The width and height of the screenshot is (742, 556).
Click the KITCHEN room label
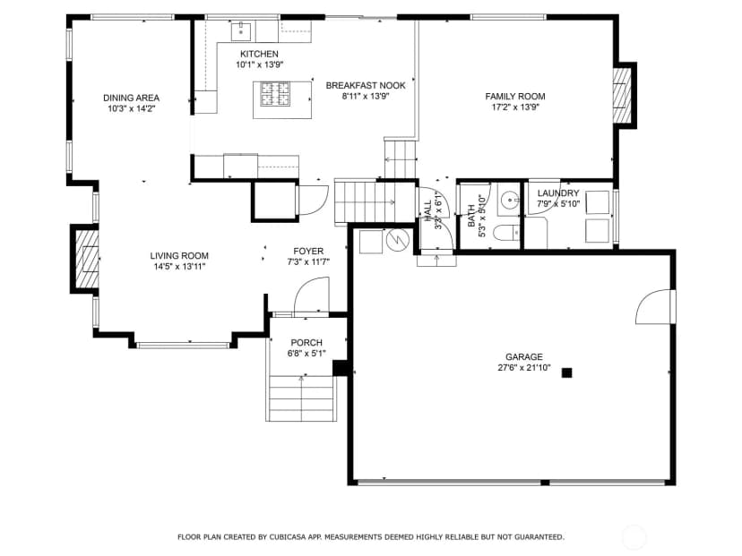(259, 54)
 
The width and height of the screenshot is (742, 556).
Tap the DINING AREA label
(131, 98)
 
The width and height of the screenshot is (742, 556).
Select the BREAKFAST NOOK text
(366, 86)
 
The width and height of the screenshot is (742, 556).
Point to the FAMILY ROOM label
(515, 97)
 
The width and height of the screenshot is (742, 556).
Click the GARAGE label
(524, 357)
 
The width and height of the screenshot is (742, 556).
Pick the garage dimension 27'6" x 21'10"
(524, 368)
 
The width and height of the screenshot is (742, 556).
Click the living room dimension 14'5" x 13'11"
(179, 267)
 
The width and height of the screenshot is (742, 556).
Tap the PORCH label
(306, 342)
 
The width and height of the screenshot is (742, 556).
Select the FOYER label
(308, 251)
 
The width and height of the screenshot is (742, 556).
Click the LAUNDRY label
(558, 192)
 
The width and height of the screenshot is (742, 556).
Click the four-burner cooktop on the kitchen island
(276, 94)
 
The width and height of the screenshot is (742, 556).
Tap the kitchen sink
(241, 31)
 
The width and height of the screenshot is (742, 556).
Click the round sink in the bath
(510, 201)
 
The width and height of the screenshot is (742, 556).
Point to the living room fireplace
(87, 259)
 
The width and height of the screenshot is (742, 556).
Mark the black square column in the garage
(566, 372)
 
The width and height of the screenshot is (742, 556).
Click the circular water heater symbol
(397, 240)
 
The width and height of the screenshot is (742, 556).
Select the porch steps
(301, 398)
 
